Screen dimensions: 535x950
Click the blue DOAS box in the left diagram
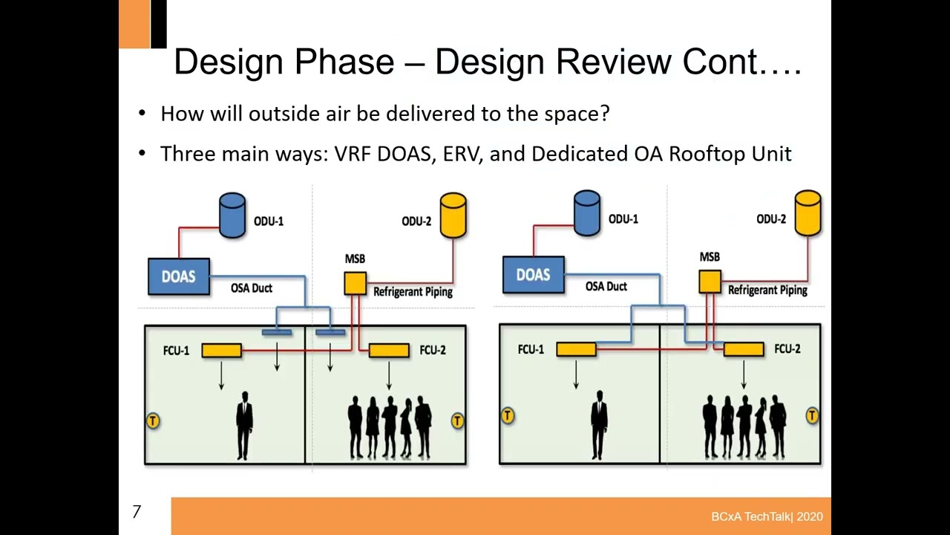click(x=179, y=276)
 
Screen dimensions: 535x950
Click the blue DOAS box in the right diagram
click(x=533, y=275)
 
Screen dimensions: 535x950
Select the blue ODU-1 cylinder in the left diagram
click(x=232, y=215)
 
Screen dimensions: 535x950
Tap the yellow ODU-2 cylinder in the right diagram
click(x=807, y=213)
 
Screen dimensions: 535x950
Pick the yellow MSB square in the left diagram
click(x=355, y=283)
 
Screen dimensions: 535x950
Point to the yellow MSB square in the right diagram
click(x=710, y=282)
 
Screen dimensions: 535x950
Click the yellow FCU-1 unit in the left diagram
click(x=221, y=350)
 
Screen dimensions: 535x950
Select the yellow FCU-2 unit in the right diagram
click(x=744, y=348)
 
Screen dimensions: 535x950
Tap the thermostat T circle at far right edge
click(x=812, y=416)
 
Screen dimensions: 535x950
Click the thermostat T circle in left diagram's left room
click(x=152, y=421)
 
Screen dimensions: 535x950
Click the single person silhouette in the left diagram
click(x=244, y=425)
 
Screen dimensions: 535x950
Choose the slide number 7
click(x=137, y=512)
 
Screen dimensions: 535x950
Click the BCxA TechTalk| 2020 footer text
click(x=766, y=516)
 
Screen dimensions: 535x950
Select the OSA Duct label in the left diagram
click(x=251, y=288)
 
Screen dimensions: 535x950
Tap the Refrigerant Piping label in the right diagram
click(x=767, y=291)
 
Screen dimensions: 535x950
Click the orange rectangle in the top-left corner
click(x=134, y=24)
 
